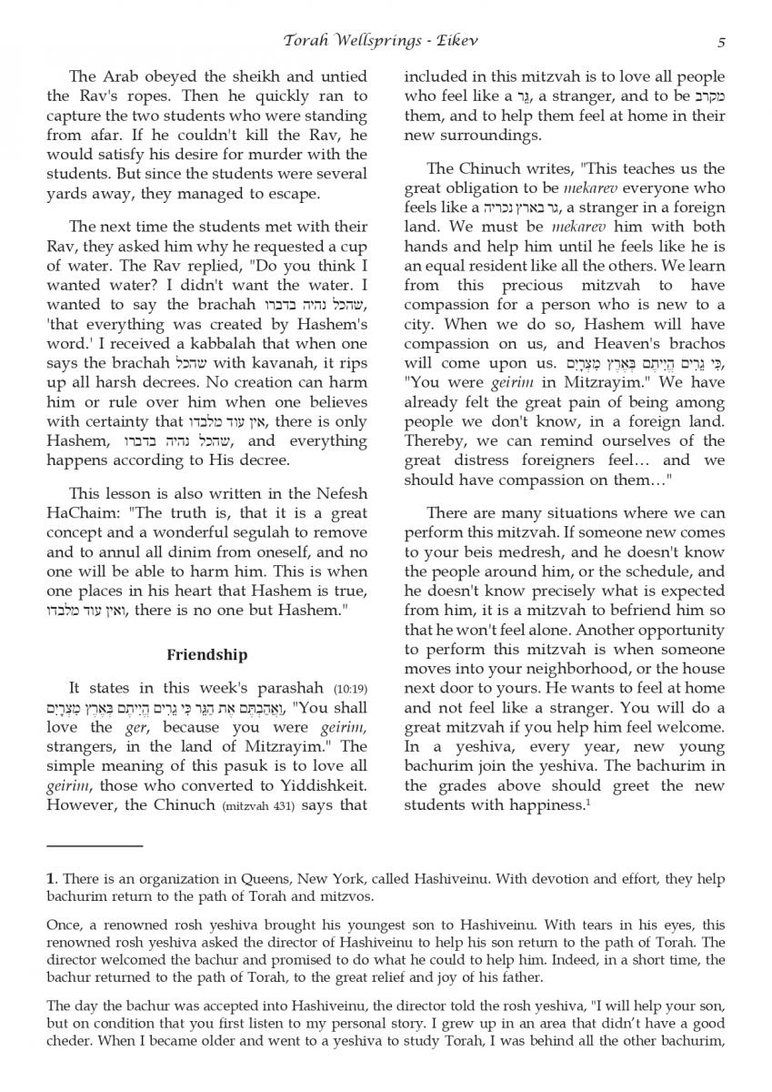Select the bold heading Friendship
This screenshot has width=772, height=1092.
coord(207,654)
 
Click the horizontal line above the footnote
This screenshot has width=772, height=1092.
coord(95,846)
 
